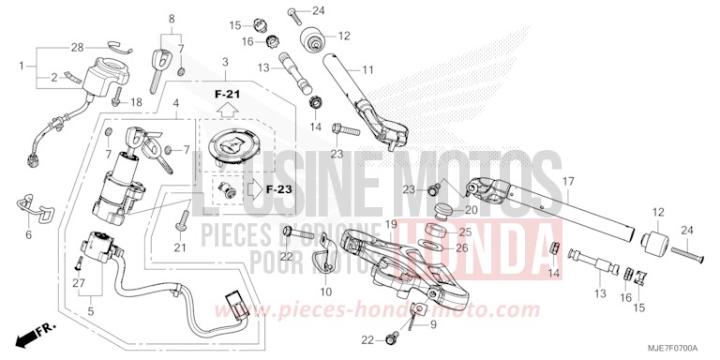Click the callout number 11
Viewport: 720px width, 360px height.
(367, 68)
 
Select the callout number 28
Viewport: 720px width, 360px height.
(77, 45)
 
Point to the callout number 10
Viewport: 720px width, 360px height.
(325, 292)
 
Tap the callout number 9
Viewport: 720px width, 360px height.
(433, 324)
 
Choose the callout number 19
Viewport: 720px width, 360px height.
(392, 224)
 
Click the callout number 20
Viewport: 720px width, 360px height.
(472, 210)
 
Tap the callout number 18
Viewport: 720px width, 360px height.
(136, 101)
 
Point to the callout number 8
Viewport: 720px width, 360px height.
(172, 18)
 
